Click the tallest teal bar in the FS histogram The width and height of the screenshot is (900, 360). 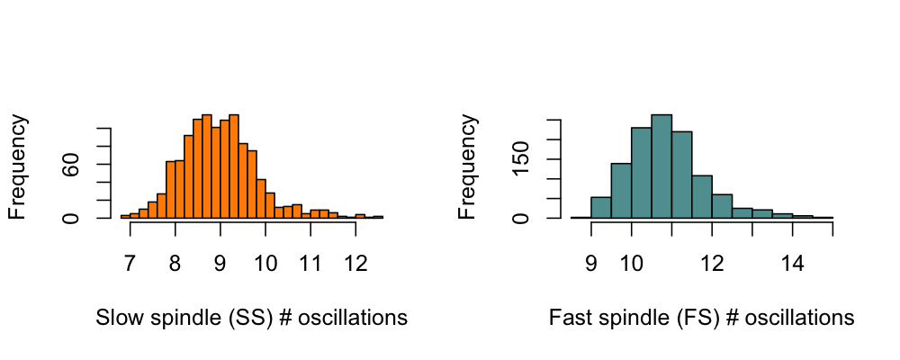pyautogui.click(x=661, y=166)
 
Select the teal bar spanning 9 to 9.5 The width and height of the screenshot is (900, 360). pyautogui.click(x=601, y=208)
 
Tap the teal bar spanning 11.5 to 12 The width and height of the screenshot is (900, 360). pyautogui.click(x=702, y=197)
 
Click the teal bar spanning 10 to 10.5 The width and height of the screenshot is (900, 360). pyautogui.click(x=642, y=173)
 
